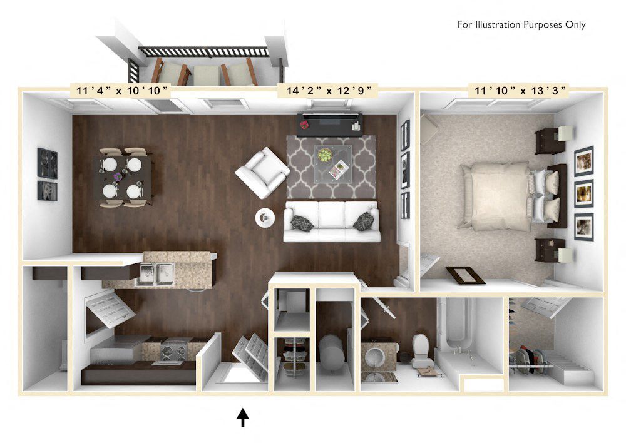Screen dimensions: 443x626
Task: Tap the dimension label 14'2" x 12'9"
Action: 328,91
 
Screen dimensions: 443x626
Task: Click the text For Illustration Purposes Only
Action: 521,25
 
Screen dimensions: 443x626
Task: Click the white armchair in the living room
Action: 262,172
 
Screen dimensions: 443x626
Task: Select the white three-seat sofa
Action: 332,221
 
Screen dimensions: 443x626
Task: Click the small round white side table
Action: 265,217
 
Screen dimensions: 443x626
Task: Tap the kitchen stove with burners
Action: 173,350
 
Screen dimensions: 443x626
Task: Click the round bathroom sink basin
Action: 377,355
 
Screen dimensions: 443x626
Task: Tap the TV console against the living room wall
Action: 331,123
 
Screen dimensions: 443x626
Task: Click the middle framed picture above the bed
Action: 583,193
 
